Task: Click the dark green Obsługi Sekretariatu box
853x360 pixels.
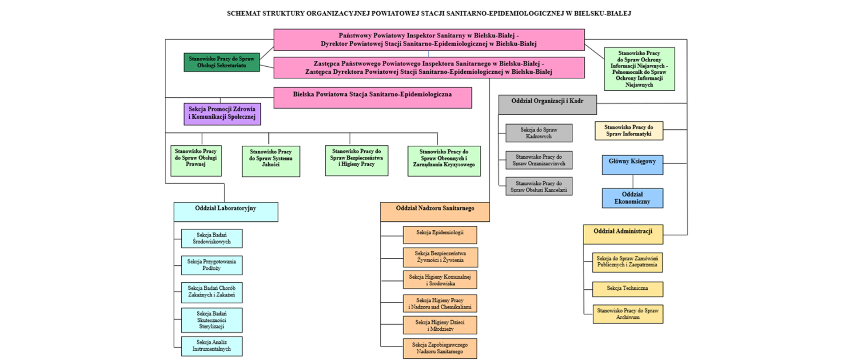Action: coord(222,62)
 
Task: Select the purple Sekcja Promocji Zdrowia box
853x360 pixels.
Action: coord(222,114)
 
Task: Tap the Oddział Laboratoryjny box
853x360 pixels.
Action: coord(226,212)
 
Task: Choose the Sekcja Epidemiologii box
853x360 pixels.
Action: coord(440,234)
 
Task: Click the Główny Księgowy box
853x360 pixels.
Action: coord(633,164)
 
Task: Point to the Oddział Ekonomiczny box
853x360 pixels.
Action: coord(633,198)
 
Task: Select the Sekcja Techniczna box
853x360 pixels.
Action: coord(627,289)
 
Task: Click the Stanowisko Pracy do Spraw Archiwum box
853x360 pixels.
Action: coord(628,314)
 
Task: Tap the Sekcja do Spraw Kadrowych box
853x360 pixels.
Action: coord(539,133)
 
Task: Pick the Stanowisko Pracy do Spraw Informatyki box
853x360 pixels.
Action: coord(629,131)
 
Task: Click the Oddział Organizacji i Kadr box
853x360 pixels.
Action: coord(547,104)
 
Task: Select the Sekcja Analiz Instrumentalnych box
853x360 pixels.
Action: coord(211,346)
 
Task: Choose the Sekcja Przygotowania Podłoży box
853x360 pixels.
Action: coord(211,265)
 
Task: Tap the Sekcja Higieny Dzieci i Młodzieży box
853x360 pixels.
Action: coord(440,325)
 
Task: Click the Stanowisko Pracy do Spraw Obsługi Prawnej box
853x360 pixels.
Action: coord(196,160)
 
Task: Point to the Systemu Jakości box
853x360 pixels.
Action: coord(271,161)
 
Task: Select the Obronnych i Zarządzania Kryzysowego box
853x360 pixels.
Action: coord(444,161)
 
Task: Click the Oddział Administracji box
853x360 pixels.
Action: coord(623,234)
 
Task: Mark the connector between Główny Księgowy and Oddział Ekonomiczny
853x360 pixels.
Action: coord(633,181)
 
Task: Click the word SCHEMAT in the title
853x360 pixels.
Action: coord(243,14)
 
